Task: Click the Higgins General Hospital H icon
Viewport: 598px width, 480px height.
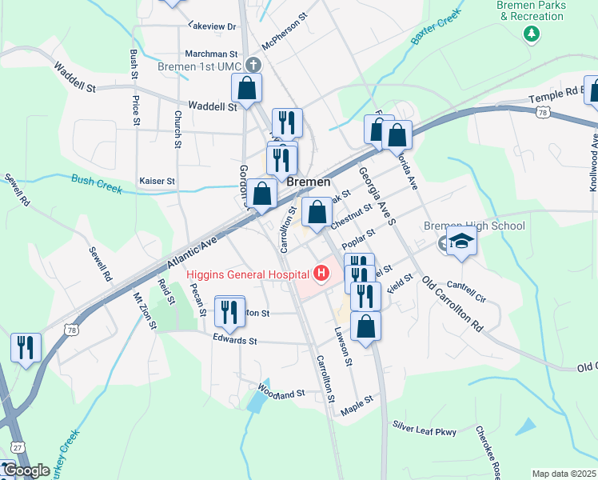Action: pos(321,274)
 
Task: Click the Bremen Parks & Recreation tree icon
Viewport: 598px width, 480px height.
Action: pos(530,34)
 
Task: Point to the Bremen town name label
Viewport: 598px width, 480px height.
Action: pos(308,182)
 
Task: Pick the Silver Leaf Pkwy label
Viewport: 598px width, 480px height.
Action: pos(424,430)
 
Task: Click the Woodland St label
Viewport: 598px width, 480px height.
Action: pos(281,392)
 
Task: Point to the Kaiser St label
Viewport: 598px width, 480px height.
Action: pos(157,182)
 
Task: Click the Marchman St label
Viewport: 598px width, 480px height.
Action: pos(207,54)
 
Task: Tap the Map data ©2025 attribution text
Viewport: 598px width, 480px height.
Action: pos(564,474)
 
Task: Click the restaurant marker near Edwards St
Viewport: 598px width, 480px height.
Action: pos(230,311)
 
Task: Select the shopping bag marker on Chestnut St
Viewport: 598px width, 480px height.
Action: pos(317,213)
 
